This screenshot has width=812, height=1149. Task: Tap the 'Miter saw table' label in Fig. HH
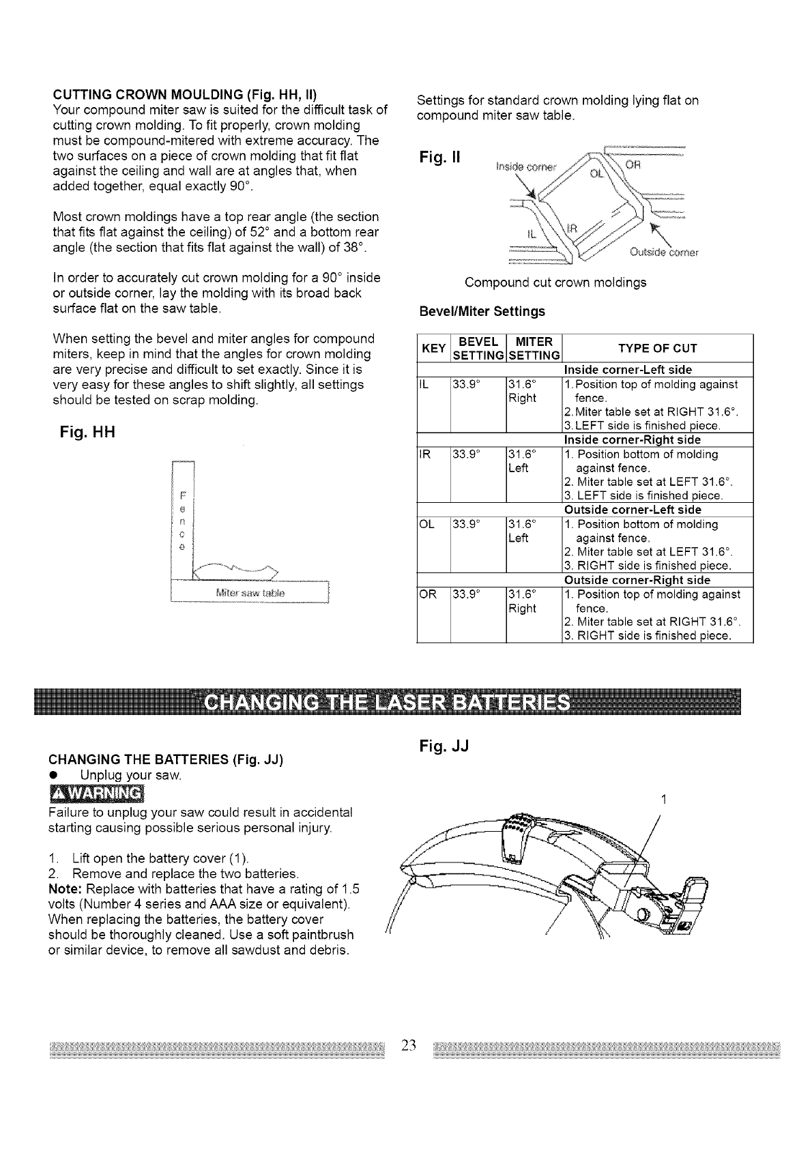(x=252, y=592)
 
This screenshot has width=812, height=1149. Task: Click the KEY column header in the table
(x=433, y=349)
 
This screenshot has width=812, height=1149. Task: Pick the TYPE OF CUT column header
(x=657, y=349)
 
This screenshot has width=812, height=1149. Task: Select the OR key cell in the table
(x=427, y=595)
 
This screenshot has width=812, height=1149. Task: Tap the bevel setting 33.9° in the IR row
(x=465, y=455)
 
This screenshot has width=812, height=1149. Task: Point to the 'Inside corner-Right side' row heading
(x=633, y=440)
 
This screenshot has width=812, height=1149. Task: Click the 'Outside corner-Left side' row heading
(x=633, y=510)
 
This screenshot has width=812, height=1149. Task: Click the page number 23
(x=409, y=1045)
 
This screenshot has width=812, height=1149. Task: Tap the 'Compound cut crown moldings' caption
(x=555, y=282)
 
